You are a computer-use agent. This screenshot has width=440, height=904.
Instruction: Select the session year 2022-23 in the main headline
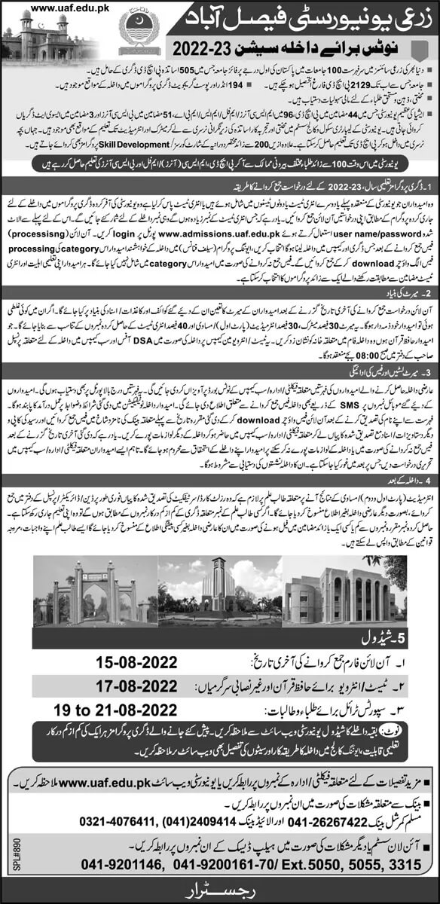point(215,49)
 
